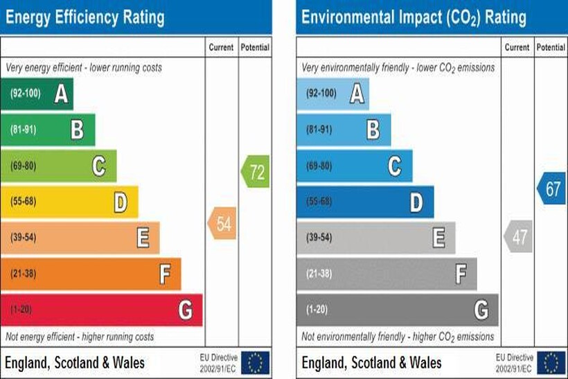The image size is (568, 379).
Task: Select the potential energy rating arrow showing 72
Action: [x=256, y=171]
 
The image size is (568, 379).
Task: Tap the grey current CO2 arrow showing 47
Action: [x=519, y=237]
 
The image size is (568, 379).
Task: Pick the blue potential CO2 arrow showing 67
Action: [x=551, y=189]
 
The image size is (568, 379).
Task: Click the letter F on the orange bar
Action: [x=164, y=274]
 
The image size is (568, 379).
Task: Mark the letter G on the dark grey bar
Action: [x=481, y=310]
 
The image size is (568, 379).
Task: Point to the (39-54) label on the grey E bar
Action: [x=319, y=238]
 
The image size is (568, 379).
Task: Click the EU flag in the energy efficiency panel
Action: [x=255, y=362]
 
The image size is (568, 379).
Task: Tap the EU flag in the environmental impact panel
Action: [x=551, y=362]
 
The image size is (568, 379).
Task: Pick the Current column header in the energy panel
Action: [x=222, y=48]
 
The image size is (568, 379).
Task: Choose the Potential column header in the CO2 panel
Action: [x=551, y=48]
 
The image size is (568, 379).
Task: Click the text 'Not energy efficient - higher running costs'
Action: [x=80, y=337]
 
